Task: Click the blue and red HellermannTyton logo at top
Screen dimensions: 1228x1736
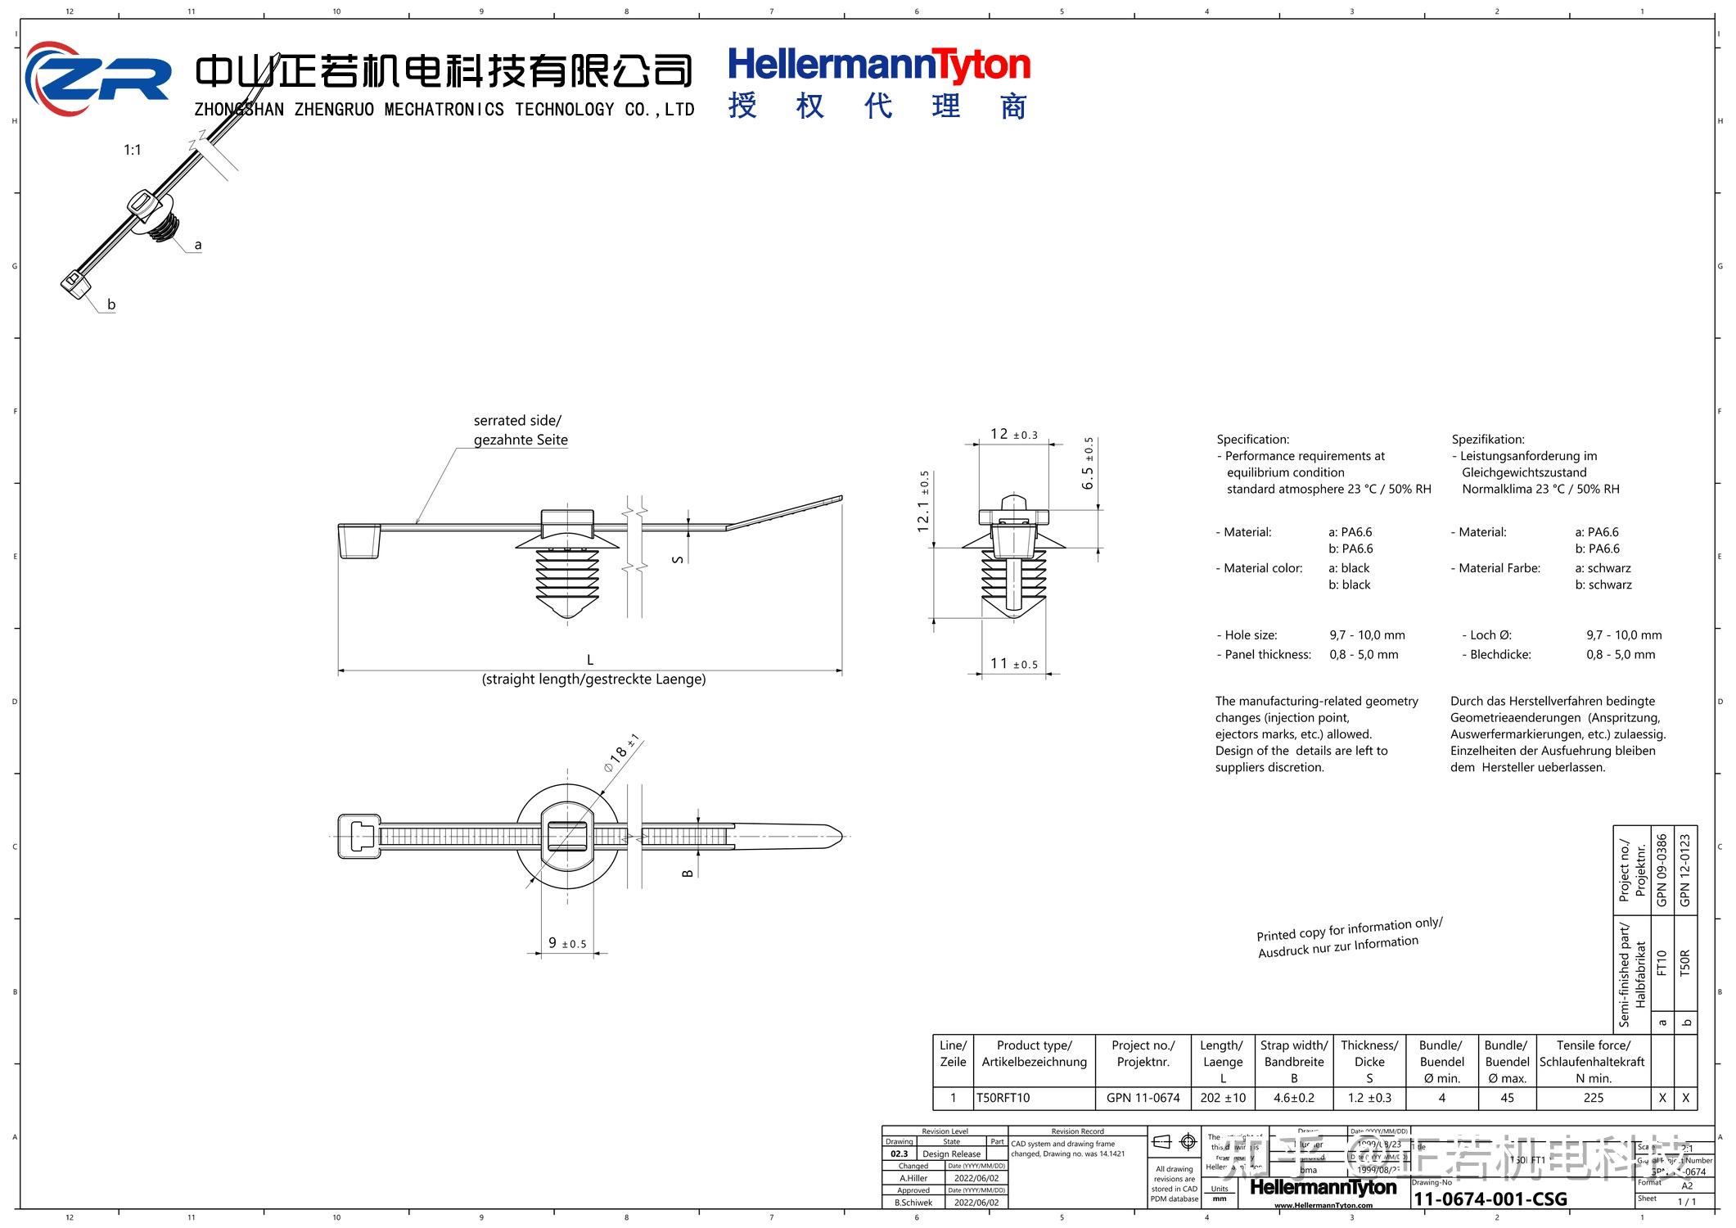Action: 878,65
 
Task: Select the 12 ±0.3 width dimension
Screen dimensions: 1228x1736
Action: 1013,435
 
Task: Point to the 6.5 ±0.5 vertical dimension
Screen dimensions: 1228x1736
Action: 1088,464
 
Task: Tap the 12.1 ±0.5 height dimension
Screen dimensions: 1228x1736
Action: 923,502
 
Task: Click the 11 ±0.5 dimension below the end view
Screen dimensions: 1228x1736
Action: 1013,664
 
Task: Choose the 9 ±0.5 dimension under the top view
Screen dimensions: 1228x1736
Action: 567,944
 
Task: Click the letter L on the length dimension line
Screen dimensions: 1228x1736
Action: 589,660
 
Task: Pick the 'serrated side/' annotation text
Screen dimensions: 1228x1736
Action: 517,421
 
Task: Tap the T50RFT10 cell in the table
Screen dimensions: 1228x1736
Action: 1003,1098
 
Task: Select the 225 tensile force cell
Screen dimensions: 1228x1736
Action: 1593,1098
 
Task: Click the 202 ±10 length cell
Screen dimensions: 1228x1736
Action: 1223,1098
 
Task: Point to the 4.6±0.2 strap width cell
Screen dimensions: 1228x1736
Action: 1293,1098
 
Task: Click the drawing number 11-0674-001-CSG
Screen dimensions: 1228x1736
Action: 1490,1199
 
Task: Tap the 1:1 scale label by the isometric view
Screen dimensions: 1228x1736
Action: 133,150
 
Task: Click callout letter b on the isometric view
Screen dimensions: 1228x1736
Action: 111,305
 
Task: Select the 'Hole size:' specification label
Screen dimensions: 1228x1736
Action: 1251,635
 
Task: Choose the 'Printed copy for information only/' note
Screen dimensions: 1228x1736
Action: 1349,928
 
